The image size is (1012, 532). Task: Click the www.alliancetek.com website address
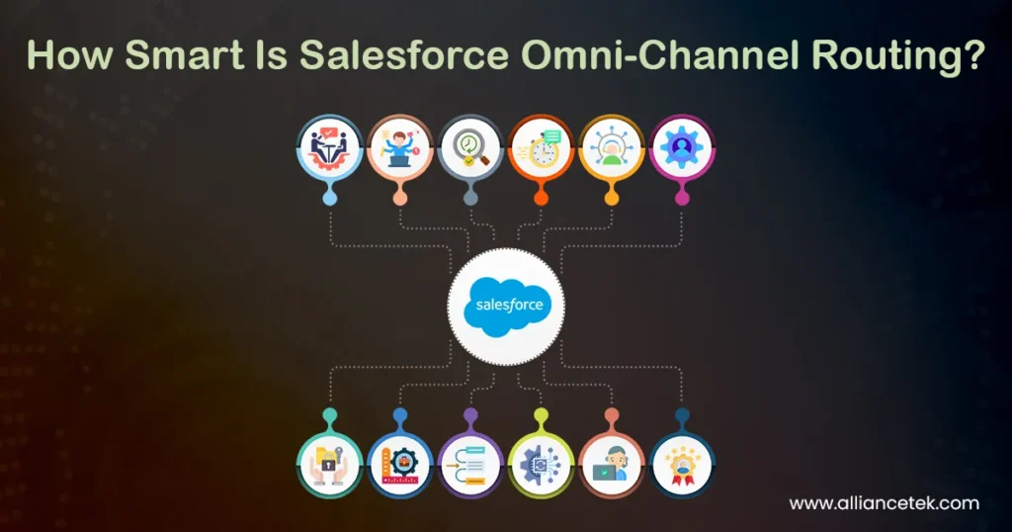(x=885, y=503)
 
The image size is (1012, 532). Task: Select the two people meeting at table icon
(x=329, y=147)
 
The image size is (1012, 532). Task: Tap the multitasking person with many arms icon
(x=399, y=147)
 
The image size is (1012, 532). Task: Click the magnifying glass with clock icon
(x=470, y=147)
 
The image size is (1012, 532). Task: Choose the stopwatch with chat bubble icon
(x=541, y=147)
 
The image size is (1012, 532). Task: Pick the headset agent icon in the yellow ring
(x=611, y=147)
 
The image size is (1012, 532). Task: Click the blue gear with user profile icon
(x=682, y=147)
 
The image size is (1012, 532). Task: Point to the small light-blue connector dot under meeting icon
(x=329, y=199)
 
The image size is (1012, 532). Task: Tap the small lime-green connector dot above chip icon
(x=541, y=414)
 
